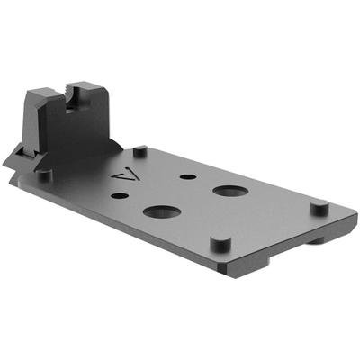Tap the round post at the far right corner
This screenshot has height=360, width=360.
(x=319, y=207)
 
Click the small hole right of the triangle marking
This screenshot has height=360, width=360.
(x=186, y=176)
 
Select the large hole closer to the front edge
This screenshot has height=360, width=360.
(x=161, y=212)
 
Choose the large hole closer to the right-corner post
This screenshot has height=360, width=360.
(x=231, y=192)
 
